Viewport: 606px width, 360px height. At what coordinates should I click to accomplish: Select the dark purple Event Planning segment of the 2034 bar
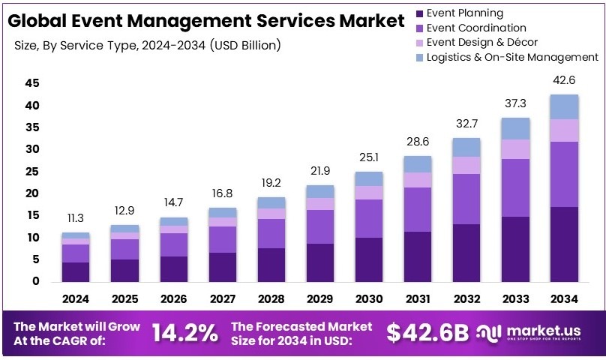coord(563,244)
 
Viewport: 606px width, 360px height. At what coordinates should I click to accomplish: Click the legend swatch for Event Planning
coord(419,13)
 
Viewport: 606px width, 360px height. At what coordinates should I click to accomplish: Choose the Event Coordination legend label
coord(476,28)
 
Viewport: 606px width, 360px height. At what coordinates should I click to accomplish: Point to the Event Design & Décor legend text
coord(481,42)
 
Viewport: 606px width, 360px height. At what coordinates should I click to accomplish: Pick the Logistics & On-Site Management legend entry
coord(512,57)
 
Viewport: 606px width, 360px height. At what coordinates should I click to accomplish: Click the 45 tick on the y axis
coord(31,83)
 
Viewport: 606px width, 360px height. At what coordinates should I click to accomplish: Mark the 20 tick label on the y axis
coord(31,193)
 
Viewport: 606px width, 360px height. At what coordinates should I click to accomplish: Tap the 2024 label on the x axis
coord(76,298)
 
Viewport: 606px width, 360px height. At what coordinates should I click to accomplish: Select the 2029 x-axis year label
coord(319,298)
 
